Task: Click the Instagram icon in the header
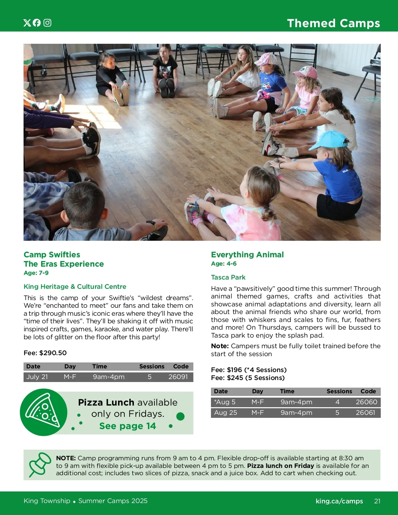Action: (47, 23)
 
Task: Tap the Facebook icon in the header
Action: (37, 23)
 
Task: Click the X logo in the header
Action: (27, 23)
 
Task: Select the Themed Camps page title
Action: (333, 23)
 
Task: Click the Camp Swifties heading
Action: (52, 255)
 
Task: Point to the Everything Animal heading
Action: (247, 255)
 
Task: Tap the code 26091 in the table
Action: (178, 377)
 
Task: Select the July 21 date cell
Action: (37, 377)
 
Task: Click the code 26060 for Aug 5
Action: (366, 402)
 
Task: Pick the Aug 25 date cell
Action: (226, 413)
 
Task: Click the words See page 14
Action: (127, 426)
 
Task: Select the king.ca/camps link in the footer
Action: (339, 501)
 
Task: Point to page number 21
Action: (377, 501)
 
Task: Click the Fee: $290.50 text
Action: (45, 353)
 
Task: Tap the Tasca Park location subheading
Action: (228, 277)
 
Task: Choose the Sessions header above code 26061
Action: (339, 391)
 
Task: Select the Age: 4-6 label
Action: (224, 264)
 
